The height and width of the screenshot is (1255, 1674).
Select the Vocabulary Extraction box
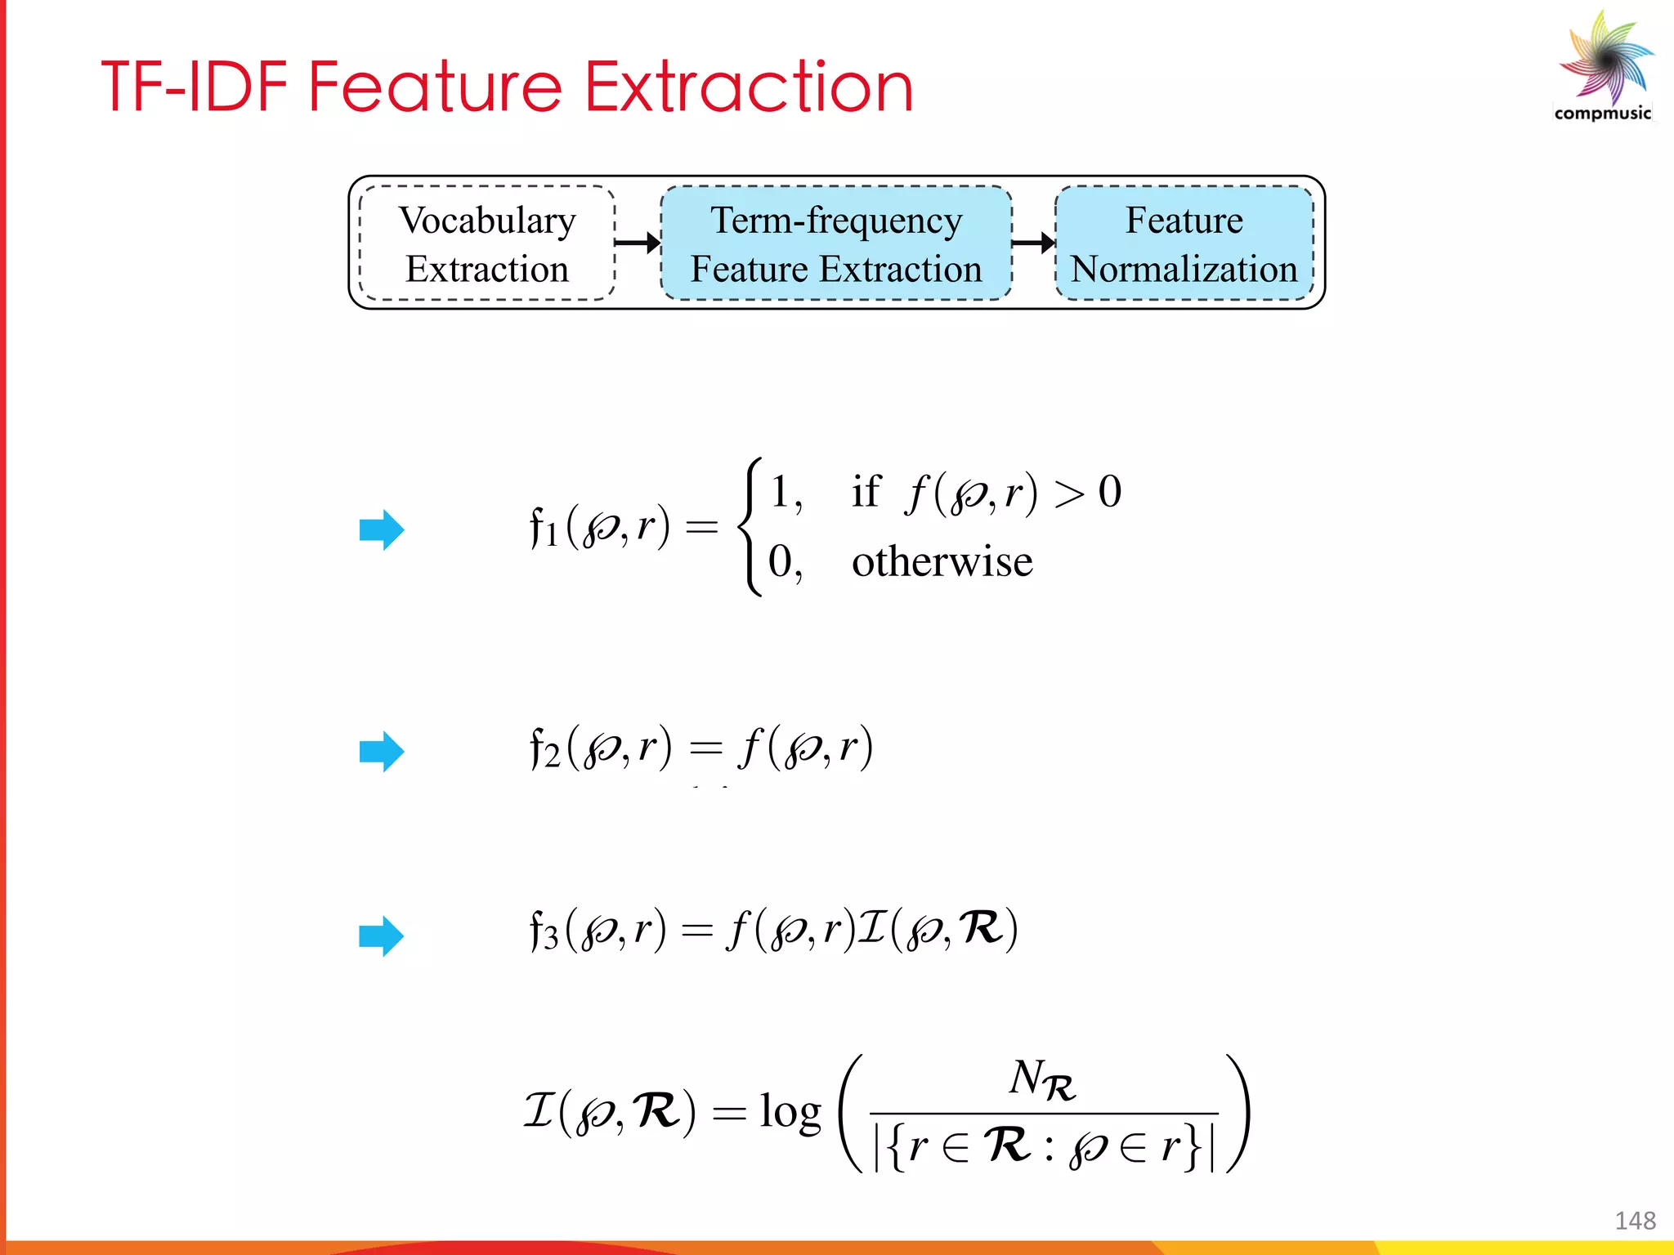(487, 243)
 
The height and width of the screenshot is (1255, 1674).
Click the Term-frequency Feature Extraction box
(835, 243)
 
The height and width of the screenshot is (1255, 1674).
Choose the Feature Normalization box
(1184, 243)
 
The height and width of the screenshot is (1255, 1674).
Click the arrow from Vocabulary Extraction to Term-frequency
(638, 243)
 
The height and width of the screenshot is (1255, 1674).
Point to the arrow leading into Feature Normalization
(1034, 243)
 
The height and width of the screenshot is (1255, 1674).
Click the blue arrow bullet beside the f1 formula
(382, 530)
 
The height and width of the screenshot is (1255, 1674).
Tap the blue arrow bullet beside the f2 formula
(382, 752)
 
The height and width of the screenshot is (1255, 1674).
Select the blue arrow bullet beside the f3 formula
(382, 936)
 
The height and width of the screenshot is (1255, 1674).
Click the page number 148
(1635, 1221)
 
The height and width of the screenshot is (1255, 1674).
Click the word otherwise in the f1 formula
(942, 562)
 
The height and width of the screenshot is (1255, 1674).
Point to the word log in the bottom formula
(790, 1111)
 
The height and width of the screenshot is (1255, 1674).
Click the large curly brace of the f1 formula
(750, 527)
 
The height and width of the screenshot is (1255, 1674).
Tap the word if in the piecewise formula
(866, 491)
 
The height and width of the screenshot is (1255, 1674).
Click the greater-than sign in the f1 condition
(1069, 494)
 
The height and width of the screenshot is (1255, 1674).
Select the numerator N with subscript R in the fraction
(1042, 1080)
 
